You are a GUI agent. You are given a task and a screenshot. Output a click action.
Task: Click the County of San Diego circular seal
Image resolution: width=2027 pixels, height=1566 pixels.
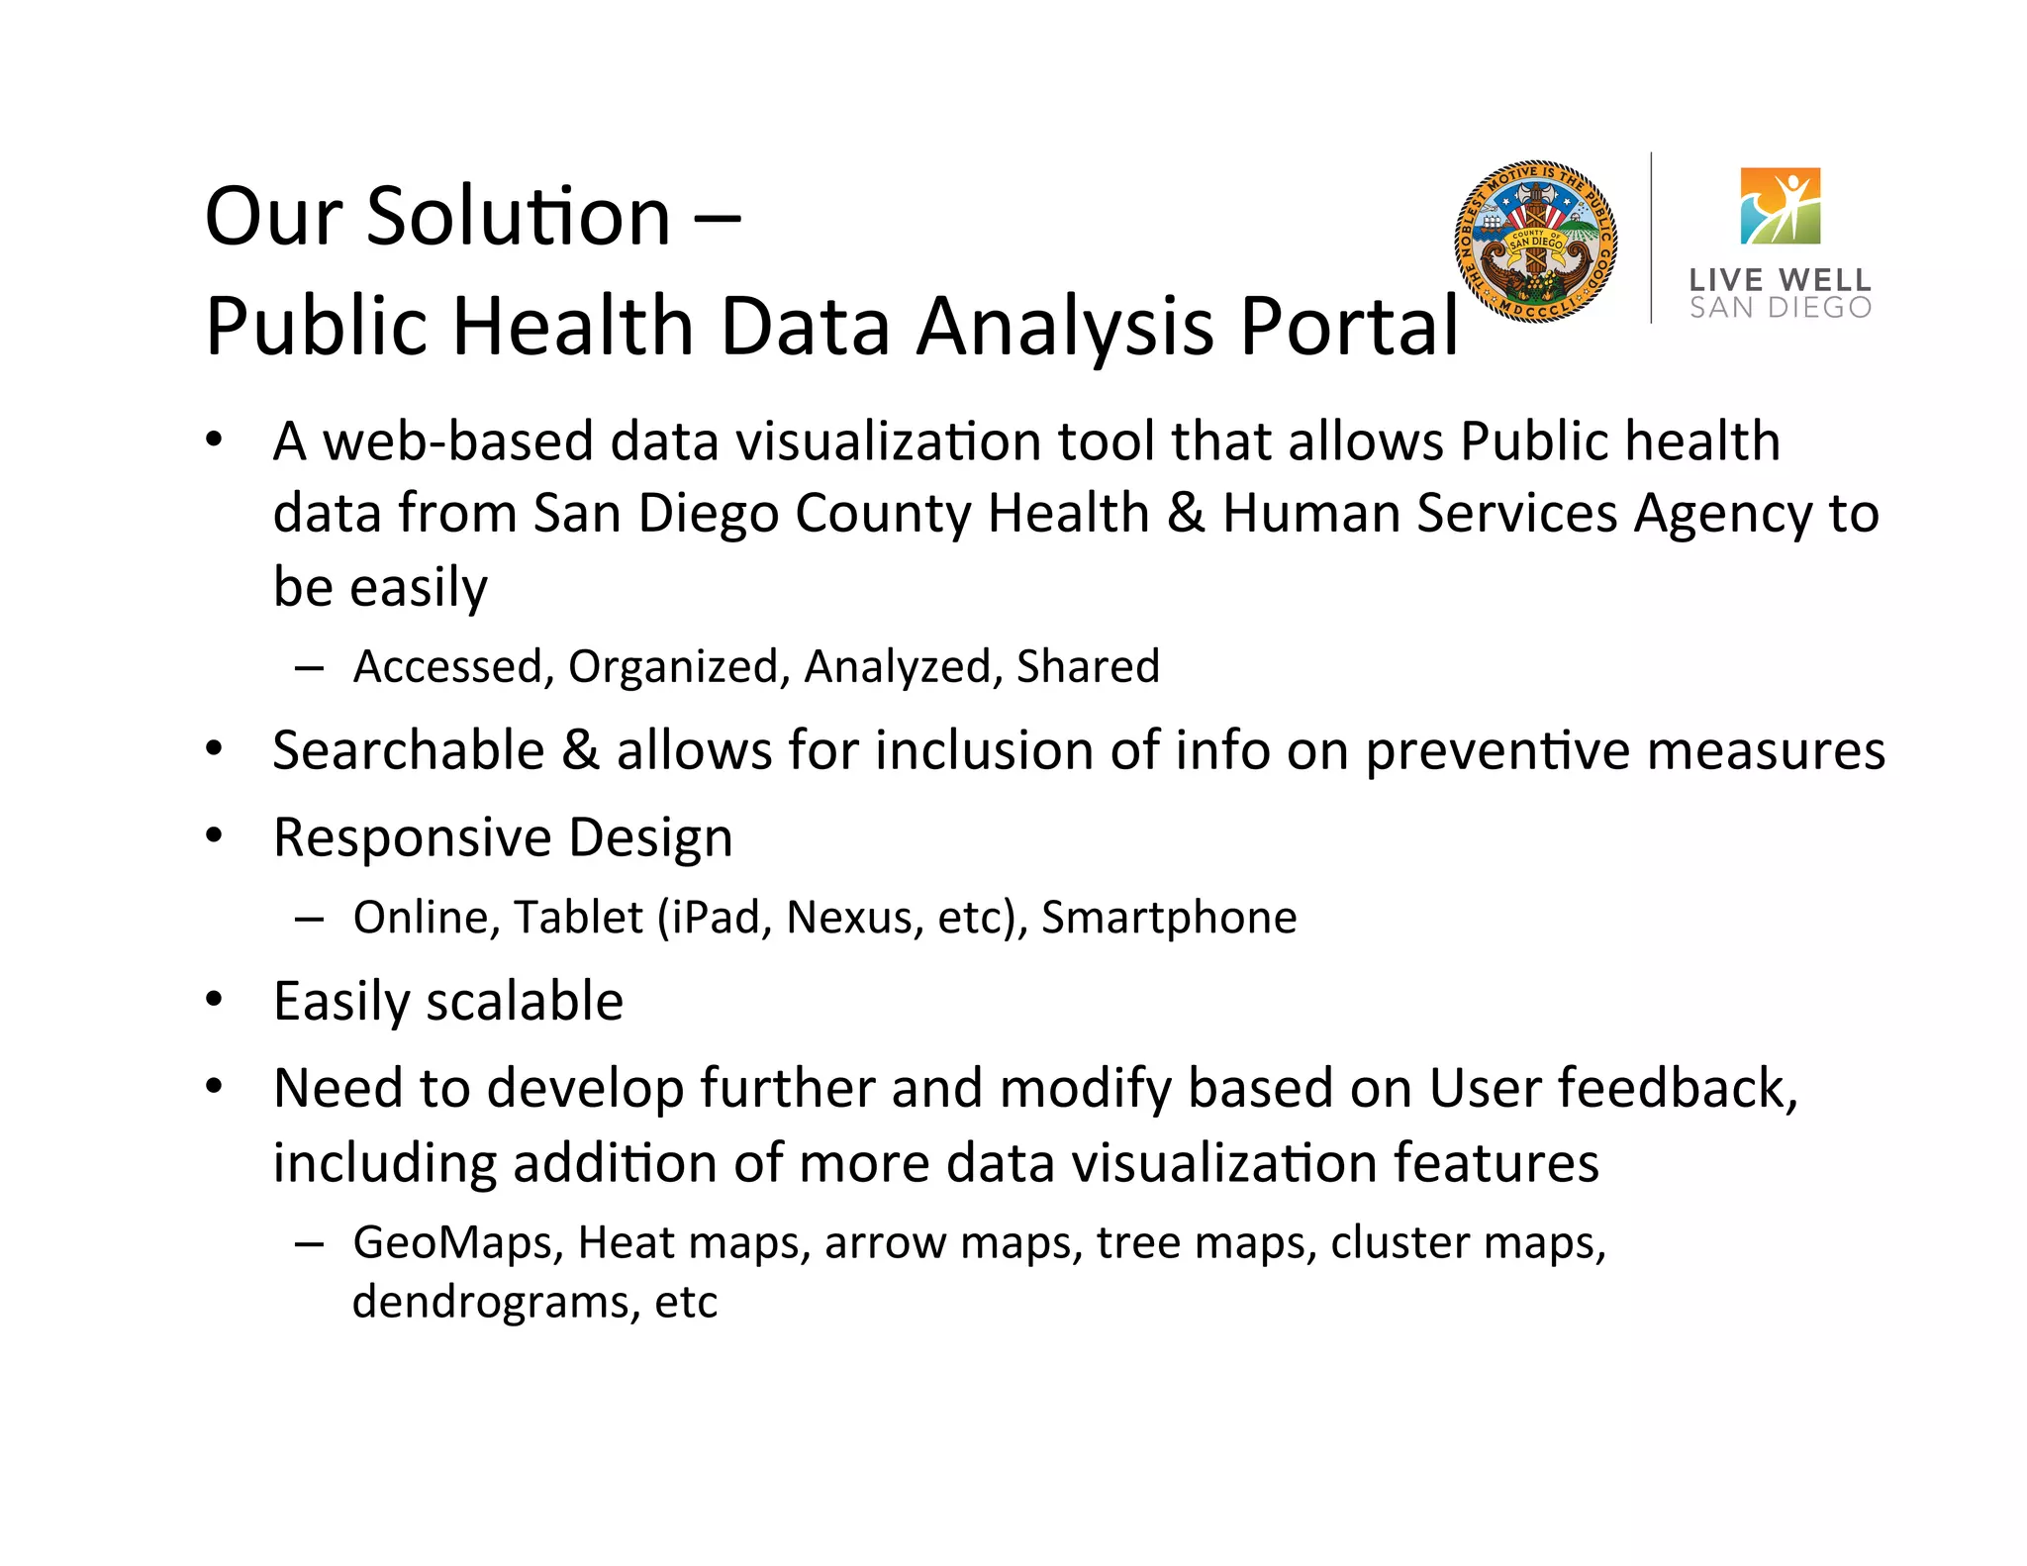point(1535,241)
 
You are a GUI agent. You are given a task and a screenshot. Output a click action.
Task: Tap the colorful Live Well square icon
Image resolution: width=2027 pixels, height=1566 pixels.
point(1780,206)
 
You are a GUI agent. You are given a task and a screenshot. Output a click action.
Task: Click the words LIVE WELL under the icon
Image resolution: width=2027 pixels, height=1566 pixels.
point(1780,280)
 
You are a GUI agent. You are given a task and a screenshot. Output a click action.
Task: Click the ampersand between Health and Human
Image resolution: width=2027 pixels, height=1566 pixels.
point(1186,513)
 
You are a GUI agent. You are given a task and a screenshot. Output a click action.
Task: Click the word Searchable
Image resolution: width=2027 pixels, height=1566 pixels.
point(409,749)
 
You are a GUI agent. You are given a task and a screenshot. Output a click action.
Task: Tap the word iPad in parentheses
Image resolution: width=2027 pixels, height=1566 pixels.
point(715,917)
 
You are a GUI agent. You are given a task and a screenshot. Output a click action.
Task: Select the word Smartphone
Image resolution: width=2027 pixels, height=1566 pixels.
point(1169,918)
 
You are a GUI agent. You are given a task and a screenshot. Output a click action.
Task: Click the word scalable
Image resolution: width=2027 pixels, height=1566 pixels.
point(525,1001)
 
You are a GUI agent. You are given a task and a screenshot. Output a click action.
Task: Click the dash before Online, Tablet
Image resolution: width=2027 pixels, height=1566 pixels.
point(309,918)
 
